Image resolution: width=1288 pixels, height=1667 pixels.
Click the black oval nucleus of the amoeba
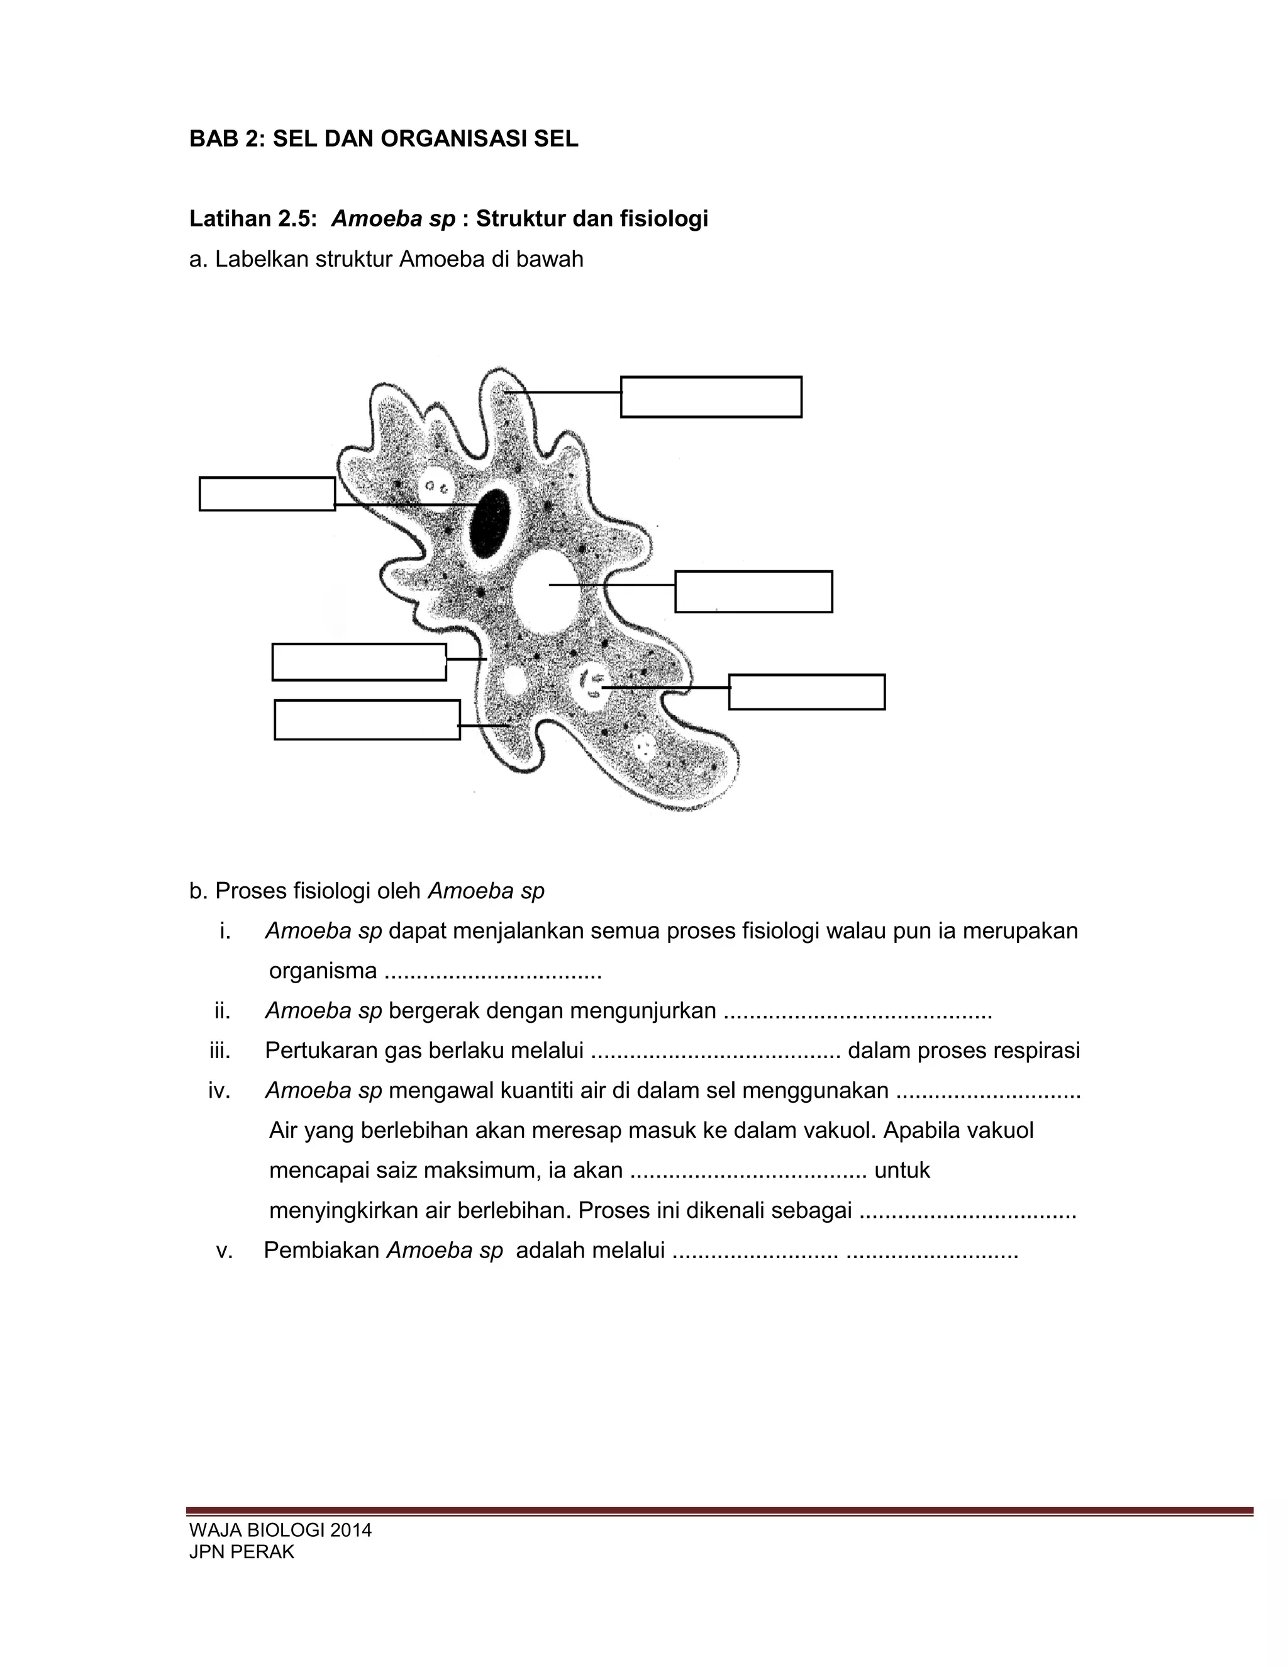point(490,525)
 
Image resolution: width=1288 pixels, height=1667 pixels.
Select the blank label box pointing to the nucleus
point(267,494)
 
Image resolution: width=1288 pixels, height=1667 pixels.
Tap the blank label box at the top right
point(711,397)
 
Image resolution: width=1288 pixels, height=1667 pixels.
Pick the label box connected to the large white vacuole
point(753,591)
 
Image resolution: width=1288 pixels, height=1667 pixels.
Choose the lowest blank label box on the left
point(367,720)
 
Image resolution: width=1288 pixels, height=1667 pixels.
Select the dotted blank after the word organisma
point(493,973)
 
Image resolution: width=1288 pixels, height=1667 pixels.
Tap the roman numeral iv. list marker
point(219,1091)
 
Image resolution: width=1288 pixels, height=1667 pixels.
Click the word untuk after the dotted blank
point(902,1170)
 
